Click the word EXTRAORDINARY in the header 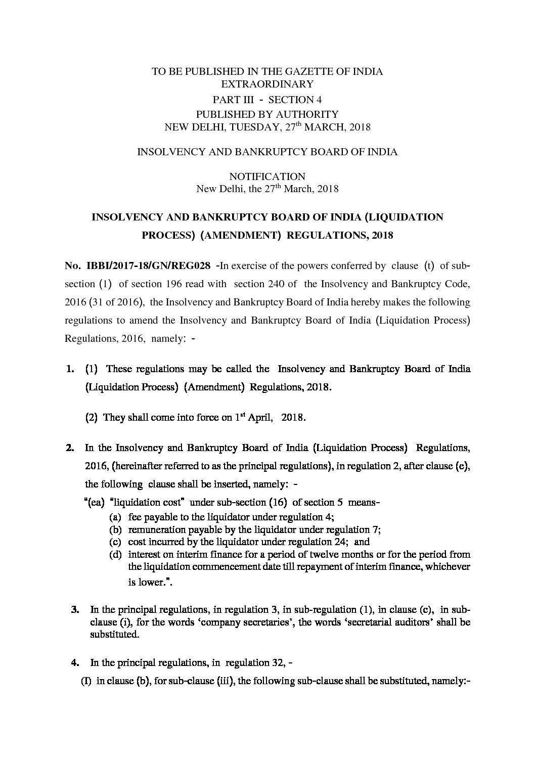[268, 84]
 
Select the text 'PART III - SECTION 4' [268, 100]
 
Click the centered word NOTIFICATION [267, 176]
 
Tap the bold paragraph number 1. [70, 369]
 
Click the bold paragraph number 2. [70, 448]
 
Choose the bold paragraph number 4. [75, 662]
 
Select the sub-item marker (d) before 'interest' [115, 555]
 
